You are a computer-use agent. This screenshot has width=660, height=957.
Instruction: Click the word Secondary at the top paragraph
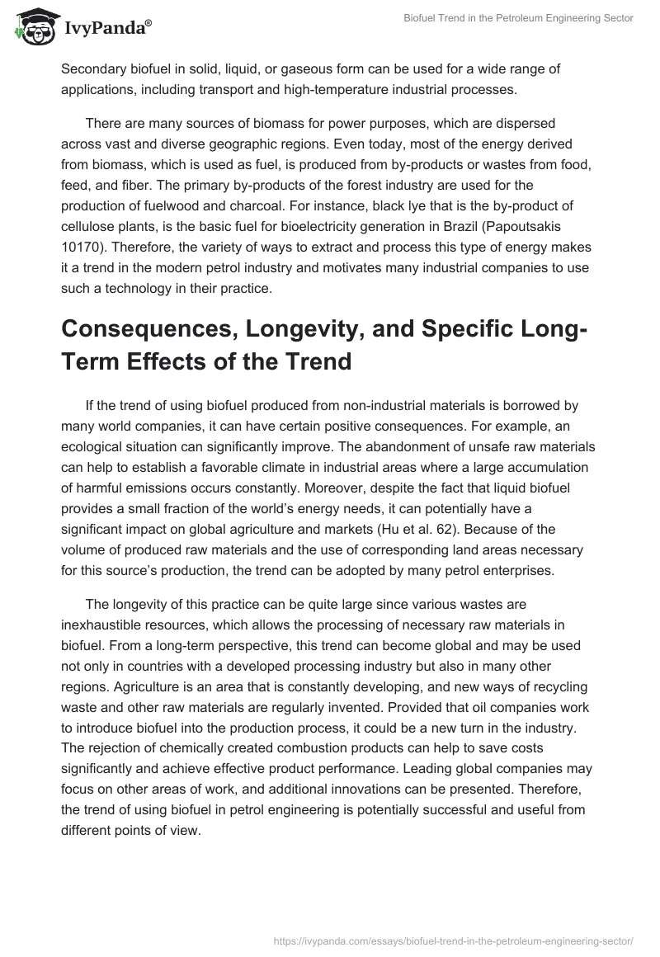93,68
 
